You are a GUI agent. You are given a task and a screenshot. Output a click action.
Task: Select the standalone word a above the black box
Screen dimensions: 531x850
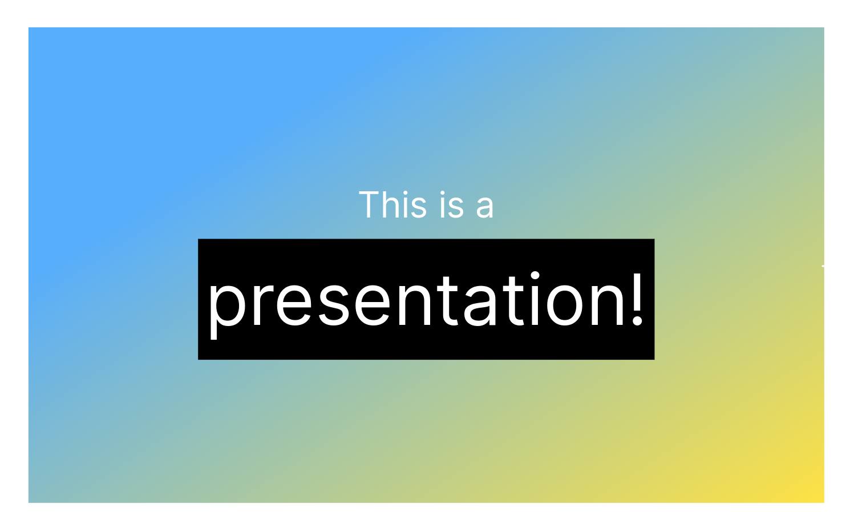(x=484, y=207)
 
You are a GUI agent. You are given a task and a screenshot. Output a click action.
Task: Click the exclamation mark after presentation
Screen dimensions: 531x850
(x=637, y=300)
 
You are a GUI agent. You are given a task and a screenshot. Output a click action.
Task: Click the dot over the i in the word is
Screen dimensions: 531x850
(x=443, y=192)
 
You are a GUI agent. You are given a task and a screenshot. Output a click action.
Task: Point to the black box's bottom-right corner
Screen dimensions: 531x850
(x=654, y=359)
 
